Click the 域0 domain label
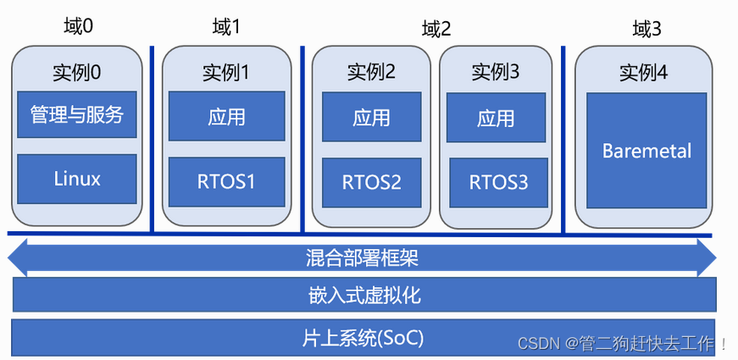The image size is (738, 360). pyautogui.click(x=79, y=27)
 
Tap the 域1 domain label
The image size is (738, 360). pyautogui.click(x=226, y=28)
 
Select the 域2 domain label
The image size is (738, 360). pyautogui.click(x=436, y=30)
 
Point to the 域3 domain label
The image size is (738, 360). pyautogui.click(x=647, y=30)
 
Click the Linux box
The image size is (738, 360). pyautogui.click(x=77, y=179)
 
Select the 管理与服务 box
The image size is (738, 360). pyautogui.click(x=77, y=114)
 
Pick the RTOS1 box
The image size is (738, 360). pyautogui.click(x=227, y=182)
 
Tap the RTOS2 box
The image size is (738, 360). pyautogui.click(x=372, y=183)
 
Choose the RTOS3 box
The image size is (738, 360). pyautogui.click(x=499, y=183)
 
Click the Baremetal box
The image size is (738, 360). pyautogui.click(x=646, y=151)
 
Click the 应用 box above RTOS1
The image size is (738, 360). pyautogui.click(x=227, y=116)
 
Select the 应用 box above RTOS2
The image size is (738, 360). pyautogui.click(x=372, y=117)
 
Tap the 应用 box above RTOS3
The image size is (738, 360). pyautogui.click(x=496, y=117)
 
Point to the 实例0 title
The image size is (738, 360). pyautogui.click(x=77, y=73)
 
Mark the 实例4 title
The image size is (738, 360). pyautogui.click(x=643, y=73)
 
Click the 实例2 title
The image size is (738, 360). pyautogui.click(x=372, y=72)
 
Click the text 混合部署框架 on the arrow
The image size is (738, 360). pyautogui.click(x=362, y=258)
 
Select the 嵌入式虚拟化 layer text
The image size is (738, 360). pyautogui.click(x=365, y=296)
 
